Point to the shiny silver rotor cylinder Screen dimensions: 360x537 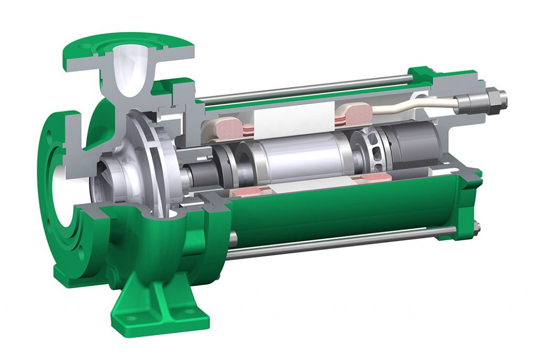coord(299,157)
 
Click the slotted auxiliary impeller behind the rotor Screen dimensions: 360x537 coord(367,147)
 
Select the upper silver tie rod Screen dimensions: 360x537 coord(304,90)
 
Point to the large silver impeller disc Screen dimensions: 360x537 coord(152,157)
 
